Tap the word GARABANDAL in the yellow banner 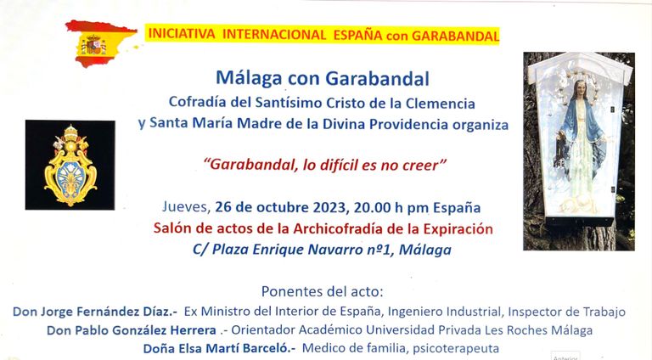point(455,36)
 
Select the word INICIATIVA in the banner point(182,34)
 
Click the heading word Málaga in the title point(249,78)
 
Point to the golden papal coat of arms point(70,166)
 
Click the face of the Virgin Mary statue point(580,89)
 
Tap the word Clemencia point(441,103)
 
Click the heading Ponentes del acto point(322,291)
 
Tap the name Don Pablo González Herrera point(132,330)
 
